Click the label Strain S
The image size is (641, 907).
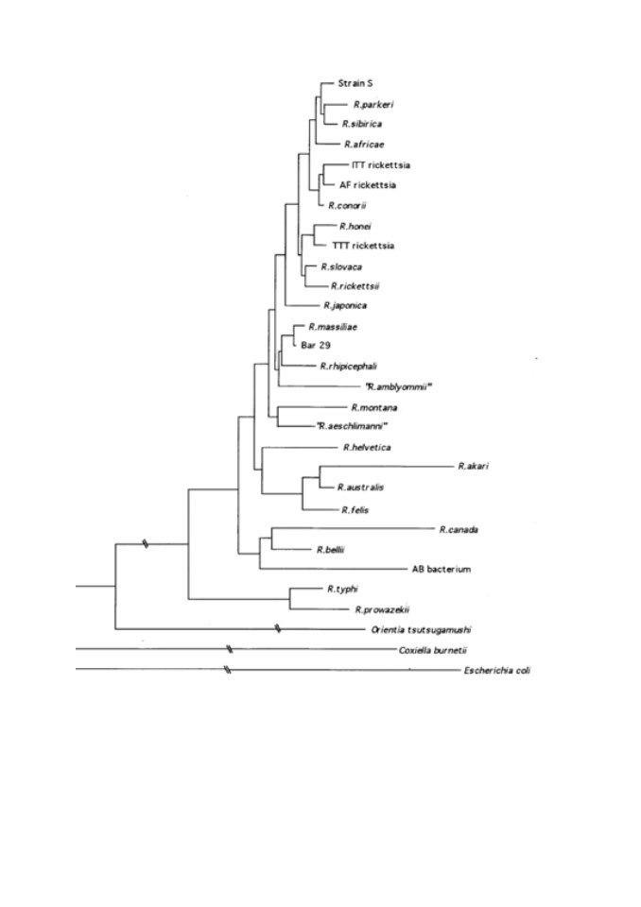pos(355,83)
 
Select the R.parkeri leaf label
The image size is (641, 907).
pos(373,105)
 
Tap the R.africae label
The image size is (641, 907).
pos(364,144)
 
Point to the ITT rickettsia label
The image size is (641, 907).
pos(380,164)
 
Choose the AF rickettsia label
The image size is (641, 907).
pos(368,185)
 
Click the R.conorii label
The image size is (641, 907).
pos(347,205)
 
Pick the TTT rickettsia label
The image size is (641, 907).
pos(363,246)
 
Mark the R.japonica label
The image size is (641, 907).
pos(345,305)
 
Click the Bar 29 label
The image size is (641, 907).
pos(316,346)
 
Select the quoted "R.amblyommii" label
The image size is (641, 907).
pos(399,387)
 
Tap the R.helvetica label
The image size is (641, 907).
pos(367,447)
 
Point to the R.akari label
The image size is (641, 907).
pos(473,466)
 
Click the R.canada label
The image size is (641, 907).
pos(459,529)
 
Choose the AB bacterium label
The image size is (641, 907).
pos(442,569)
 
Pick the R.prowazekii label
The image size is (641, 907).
pos(383,609)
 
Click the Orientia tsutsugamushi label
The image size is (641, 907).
pos(421,630)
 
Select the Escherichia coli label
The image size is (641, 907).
pos(496,671)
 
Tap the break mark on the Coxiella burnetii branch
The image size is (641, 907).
pos(230,650)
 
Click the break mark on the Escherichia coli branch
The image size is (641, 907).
pos(228,671)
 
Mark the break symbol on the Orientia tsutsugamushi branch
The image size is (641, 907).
pos(278,629)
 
